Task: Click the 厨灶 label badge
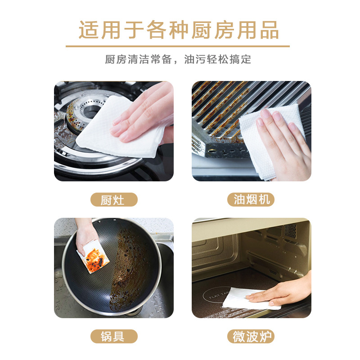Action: point(114,199)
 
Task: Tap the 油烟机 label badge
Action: point(251,199)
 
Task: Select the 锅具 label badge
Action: point(114,336)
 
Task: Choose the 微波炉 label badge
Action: point(251,336)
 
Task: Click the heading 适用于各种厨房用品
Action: point(178,30)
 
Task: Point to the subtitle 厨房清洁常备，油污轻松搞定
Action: point(178,59)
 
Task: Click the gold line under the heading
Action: point(178,46)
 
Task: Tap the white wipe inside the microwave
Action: point(248,298)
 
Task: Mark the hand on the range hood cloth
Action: point(283,142)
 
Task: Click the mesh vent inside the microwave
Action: point(290,231)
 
